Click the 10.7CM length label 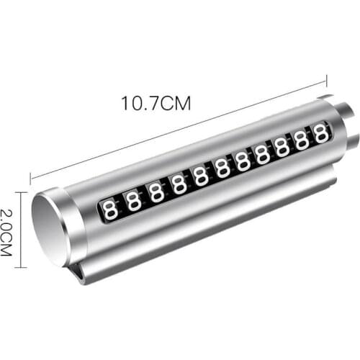point(156,103)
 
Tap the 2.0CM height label point(6,233)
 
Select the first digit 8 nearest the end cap point(111,210)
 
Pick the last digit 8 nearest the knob point(321,133)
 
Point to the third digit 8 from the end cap point(156,194)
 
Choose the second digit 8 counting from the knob point(302,140)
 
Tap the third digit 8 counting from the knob point(282,148)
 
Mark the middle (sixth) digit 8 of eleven point(222,170)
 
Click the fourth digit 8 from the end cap point(179,186)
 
